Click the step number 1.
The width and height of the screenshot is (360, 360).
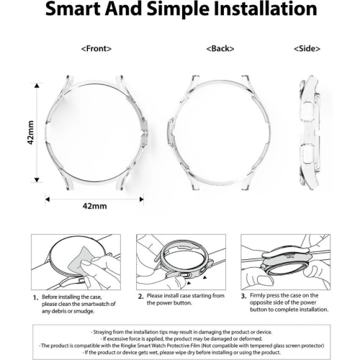[35, 297]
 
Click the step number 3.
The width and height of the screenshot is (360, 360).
[244, 296]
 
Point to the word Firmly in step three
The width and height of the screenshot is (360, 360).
[264, 296]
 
